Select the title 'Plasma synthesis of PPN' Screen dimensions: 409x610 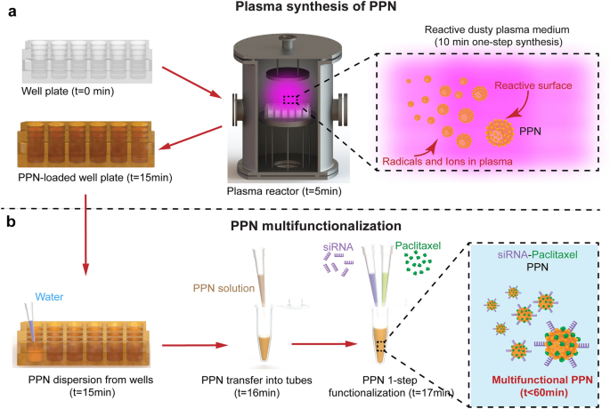(x=305, y=9)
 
